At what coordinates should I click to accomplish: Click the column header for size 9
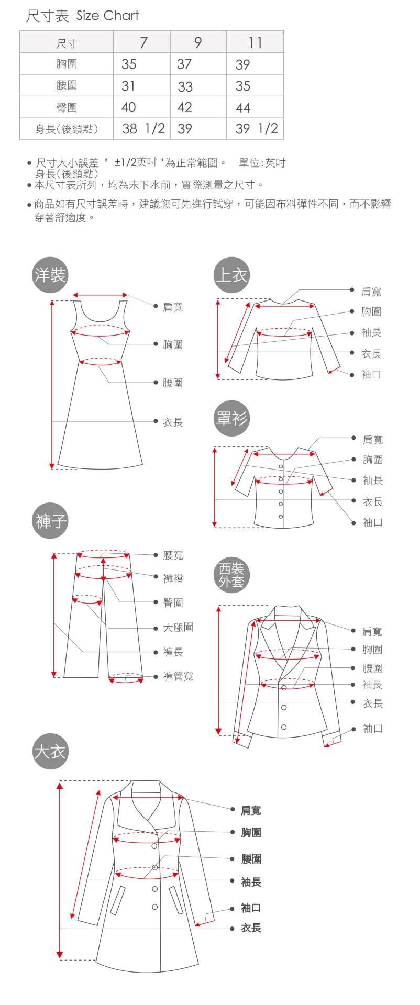[198, 42]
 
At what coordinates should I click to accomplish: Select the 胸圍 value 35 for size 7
[129, 64]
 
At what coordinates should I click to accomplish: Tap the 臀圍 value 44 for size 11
[243, 108]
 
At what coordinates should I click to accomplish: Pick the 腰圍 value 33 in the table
[185, 86]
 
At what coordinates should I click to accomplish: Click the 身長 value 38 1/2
[143, 129]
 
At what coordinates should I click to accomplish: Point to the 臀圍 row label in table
[67, 108]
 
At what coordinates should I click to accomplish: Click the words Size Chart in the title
[107, 16]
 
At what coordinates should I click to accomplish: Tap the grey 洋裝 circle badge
[50, 275]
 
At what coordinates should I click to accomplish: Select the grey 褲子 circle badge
[50, 521]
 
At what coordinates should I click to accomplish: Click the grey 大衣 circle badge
[50, 752]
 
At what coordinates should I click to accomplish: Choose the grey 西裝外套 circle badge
[231, 575]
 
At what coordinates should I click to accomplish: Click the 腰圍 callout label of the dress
[173, 383]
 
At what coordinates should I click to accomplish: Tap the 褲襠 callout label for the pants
[173, 578]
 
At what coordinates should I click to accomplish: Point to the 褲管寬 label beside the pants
[178, 676]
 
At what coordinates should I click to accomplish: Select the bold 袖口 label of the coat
[251, 908]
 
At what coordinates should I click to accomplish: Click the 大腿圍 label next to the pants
[178, 627]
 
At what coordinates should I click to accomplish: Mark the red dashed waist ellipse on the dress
[100, 361]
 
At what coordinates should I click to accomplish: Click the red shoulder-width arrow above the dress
[100, 295]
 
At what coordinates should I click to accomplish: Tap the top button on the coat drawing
[154, 846]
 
